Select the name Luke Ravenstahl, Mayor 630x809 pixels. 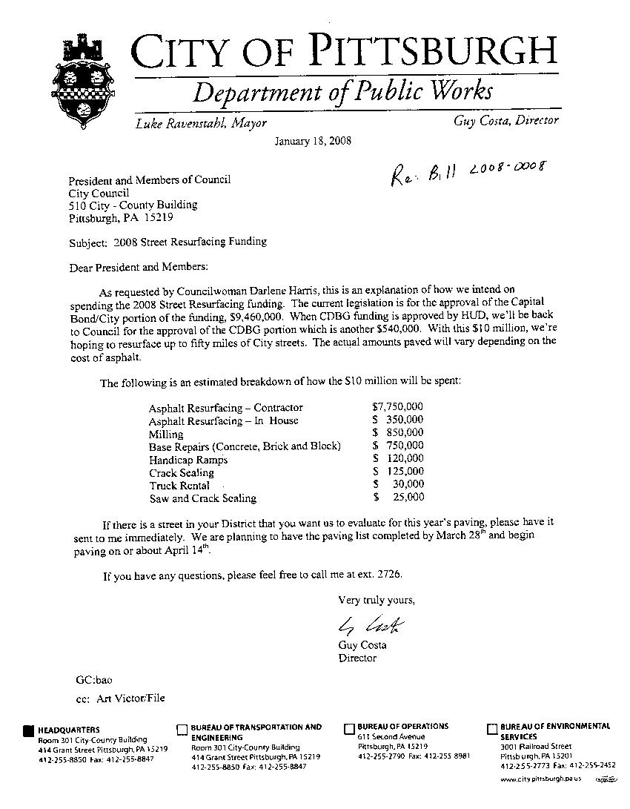(200, 123)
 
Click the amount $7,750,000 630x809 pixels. (398, 407)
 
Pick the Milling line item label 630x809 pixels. (165, 434)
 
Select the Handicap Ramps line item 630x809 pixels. (188, 460)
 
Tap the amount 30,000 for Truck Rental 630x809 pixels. (408, 485)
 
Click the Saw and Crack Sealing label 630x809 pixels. (202, 498)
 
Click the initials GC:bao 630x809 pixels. (94, 678)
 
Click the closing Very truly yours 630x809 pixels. (377, 599)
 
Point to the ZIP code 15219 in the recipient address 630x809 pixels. (159, 218)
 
